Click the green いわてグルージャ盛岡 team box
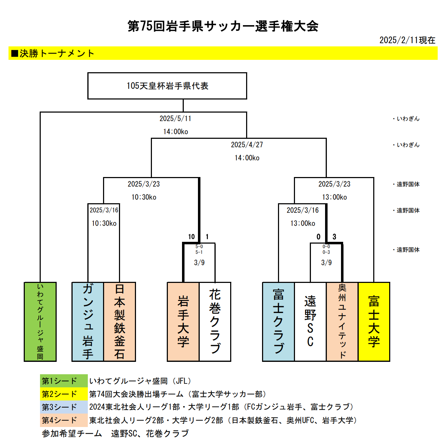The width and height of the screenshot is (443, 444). (40, 321)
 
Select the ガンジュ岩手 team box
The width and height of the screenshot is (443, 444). (88, 321)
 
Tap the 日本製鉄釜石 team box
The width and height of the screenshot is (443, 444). (120, 321)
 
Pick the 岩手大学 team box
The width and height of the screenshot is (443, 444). (183, 321)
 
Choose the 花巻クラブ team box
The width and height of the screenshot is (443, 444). (215, 321)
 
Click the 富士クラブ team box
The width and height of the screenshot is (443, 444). (278, 321)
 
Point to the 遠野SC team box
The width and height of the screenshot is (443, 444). (310, 321)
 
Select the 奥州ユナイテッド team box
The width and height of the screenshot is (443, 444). (342, 321)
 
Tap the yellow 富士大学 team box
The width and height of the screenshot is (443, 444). (374, 321)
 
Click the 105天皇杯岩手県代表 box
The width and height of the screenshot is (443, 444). (167, 86)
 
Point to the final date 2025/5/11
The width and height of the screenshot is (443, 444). (175, 119)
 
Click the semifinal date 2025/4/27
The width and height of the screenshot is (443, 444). (247, 145)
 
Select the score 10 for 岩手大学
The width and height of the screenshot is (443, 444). (191, 237)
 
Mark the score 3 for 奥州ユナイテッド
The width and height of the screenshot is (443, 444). (334, 237)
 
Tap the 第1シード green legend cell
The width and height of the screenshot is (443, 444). (64, 381)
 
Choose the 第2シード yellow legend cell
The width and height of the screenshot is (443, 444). (64, 394)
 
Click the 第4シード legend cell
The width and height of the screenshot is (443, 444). (64, 420)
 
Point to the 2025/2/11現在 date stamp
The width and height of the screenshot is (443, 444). (407, 40)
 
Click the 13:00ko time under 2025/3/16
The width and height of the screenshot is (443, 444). (303, 223)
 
